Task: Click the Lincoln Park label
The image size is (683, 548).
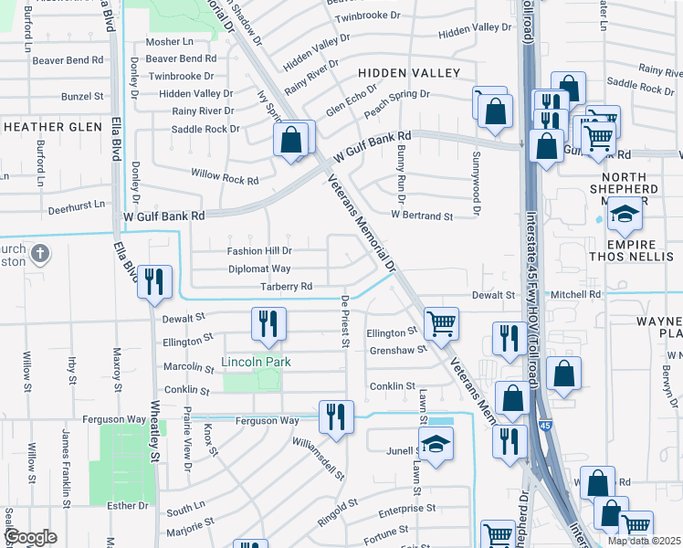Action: [256, 363]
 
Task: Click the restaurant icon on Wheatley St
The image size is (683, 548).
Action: [154, 281]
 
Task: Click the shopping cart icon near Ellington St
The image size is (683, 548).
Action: [441, 321]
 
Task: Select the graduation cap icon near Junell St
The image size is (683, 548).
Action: [436, 445]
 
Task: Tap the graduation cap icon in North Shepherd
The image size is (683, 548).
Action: [625, 215]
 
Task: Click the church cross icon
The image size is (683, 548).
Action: [40, 252]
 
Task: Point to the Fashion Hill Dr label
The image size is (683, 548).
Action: [259, 251]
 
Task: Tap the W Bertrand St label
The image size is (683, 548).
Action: [422, 216]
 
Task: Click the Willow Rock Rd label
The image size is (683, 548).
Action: [225, 176]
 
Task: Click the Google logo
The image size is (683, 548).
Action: [29, 536]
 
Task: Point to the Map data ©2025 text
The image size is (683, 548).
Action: [644, 541]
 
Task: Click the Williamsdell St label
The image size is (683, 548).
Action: [318, 457]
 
